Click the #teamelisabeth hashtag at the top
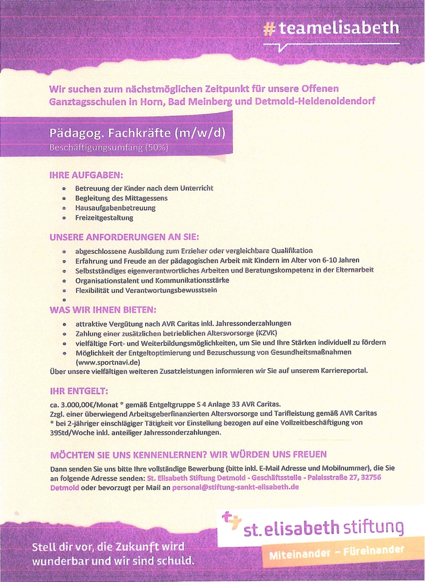pos(331,27)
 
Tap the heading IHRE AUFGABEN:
pos(86,175)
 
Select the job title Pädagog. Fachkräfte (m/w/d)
pos(137,133)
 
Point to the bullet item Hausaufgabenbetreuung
pos(115,208)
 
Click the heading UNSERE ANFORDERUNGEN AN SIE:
pos(124,237)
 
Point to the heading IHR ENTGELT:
pos(79,390)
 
